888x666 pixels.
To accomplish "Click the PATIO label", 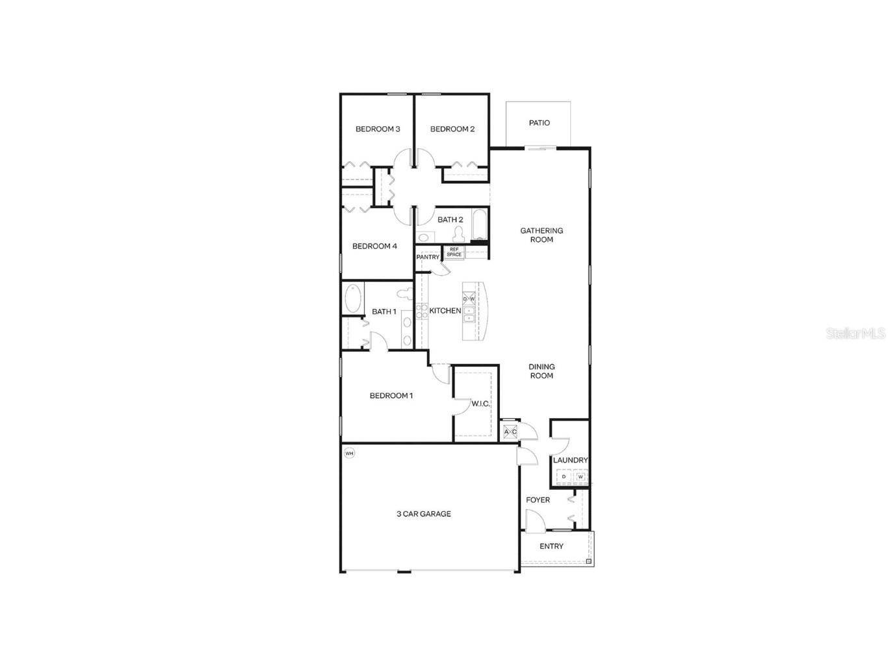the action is pos(539,123).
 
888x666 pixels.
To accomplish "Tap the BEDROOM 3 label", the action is pos(378,129).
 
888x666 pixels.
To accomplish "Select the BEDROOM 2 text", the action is pos(452,129).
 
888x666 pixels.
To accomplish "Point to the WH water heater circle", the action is pos(349,453).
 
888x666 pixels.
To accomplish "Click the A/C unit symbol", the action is pos(510,432).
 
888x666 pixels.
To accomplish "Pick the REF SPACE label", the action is pos(454,252).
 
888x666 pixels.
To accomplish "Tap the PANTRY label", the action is pos(428,257).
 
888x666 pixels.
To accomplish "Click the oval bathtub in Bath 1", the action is pos(353,298).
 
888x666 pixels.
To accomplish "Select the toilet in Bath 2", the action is pos(458,234).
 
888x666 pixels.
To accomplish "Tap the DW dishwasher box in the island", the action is pos(469,299).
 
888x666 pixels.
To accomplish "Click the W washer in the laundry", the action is pos(580,477).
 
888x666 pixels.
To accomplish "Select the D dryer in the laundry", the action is pos(564,477).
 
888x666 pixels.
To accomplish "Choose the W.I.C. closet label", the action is pos(480,404).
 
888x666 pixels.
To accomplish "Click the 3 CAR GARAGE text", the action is pos(424,514).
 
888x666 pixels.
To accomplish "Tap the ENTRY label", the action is pos(551,546).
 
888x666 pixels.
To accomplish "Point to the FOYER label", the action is pos(538,500).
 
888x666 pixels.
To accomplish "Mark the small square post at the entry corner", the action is pos(588,561).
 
